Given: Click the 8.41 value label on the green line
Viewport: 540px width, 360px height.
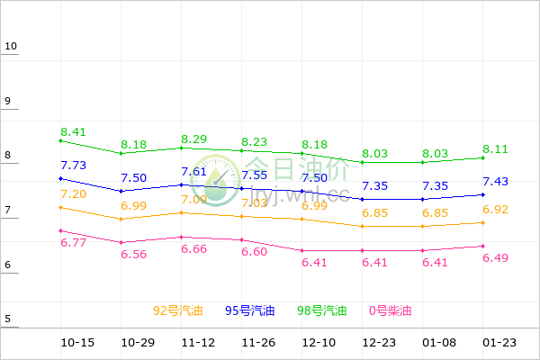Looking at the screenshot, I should (73, 132).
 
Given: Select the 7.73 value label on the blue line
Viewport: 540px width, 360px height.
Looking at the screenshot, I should (73, 166).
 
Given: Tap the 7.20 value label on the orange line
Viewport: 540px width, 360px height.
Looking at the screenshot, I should (73, 194).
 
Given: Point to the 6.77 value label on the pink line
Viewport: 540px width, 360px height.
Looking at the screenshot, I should (73, 243).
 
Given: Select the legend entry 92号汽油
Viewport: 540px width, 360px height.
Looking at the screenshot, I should (178, 311).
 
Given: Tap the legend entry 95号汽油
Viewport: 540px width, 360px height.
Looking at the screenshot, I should (250, 311).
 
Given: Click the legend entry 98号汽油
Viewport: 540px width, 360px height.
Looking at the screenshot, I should (322, 311).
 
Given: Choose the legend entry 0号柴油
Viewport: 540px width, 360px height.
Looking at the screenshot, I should (391, 311).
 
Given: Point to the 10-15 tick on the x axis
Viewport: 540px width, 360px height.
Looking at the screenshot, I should (77, 344).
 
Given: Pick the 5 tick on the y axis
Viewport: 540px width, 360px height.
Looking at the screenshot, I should (7, 319).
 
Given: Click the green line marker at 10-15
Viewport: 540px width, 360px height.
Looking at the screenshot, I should (60, 140).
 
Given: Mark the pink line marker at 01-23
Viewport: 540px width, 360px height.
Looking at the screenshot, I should (482, 246).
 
